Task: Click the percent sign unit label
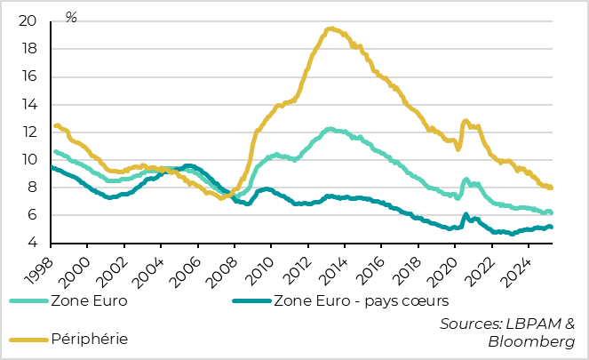pyautogui.click(x=71, y=18)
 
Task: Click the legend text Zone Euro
pyautogui.click(x=88, y=300)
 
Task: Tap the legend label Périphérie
pyautogui.click(x=89, y=339)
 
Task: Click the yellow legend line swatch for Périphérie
pyautogui.click(x=27, y=339)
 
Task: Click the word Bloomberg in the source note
pyautogui.click(x=531, y=341)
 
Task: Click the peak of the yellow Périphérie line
pyautogui.click(x=330, y=28)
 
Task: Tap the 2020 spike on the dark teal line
pyautogui.click(x=466, y=214)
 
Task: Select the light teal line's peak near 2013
pyautogui.click(x=330, y=129)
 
